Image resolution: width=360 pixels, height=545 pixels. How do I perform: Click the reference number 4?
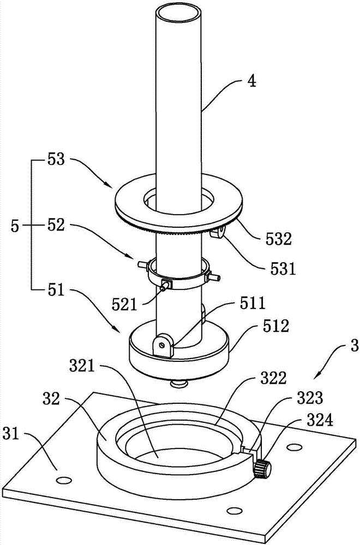tap(252, 81)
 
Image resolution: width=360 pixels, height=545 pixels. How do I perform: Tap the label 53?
tap(56, 160)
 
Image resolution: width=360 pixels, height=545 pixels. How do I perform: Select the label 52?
tap(56, 225)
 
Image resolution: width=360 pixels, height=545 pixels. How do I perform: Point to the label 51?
tap(56, 289)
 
